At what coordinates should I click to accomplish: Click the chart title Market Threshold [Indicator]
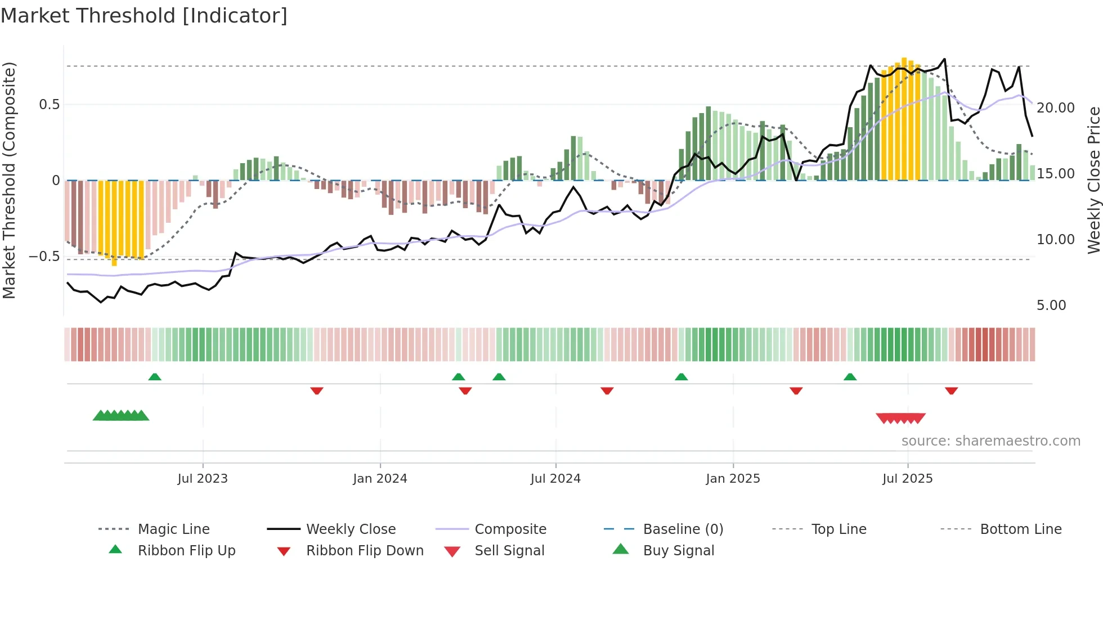[x=144, y=16]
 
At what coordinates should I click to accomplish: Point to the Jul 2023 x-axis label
[x=203, y=479]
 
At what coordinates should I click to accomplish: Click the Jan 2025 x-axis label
[x=733, y=479]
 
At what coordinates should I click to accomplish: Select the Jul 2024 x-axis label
[x=555, y=479]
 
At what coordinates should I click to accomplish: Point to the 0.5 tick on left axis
[x=50, y=105]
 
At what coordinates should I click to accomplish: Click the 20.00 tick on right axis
[x=1055, y=108]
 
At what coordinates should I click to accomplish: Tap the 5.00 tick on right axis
[x=1051, y=305]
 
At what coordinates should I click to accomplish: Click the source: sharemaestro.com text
[x=990, y=441]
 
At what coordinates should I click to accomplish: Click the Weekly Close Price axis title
[x=1093, y=180]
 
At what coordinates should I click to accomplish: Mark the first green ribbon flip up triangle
[x=155, y=377]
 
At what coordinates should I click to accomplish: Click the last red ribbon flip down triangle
[x=951, y=390]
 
